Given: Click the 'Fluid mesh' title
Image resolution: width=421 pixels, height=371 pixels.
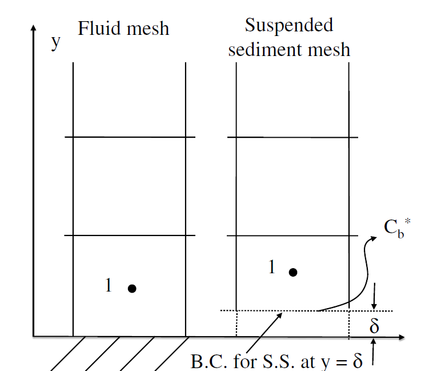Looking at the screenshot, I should (123, 29).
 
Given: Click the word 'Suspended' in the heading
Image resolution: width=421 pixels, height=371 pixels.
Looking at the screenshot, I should (288, 25).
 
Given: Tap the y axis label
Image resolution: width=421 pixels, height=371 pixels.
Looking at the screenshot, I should (55, 42).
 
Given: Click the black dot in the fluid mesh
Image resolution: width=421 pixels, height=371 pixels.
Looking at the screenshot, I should (132, 289).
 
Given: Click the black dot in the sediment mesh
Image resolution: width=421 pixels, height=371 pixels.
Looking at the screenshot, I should (293, 272).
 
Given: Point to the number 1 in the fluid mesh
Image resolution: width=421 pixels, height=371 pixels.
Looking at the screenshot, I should (109, 285).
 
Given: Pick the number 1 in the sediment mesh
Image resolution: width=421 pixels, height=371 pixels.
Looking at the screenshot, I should (272, 266).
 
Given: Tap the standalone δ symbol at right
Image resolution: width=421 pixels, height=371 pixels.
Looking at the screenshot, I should (375, 326).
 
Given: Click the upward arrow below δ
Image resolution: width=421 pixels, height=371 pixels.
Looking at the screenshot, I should (374, 350).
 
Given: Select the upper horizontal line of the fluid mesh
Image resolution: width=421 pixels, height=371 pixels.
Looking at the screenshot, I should (130, 137).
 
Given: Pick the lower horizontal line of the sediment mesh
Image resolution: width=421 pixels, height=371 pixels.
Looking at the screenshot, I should (292, 235).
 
